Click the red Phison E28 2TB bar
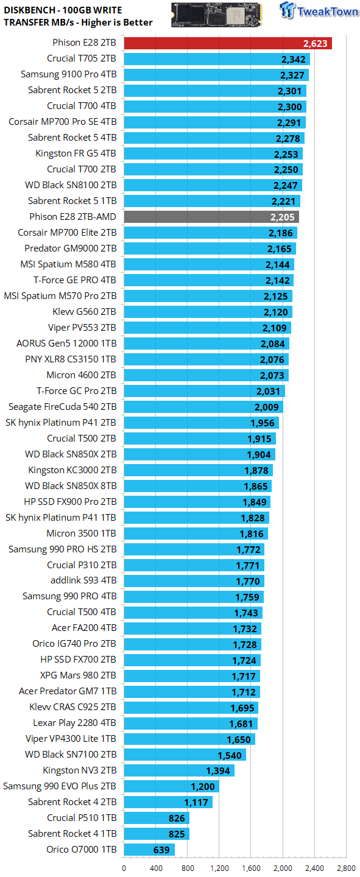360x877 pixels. (x=228, y=43)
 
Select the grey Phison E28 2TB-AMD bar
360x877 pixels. (x=211, y=217)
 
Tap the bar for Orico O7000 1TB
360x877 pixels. (x=149, y=850)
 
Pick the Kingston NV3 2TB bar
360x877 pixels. (x=180, y=770)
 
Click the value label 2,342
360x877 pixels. (x=294, y=60)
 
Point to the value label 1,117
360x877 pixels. (x=196, y=803)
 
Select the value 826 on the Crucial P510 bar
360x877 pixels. (x=177, y=819)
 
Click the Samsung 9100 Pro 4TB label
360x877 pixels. (x=69, y=74)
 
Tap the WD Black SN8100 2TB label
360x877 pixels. (x=71, y=185)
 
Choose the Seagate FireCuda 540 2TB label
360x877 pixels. (x=63, y=407)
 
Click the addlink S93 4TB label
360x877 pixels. (x=83, y=580)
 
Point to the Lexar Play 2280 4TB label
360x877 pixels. (x=75, y=723)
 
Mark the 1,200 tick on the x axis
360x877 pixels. (x=219, y=868)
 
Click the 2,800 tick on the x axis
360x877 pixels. (x=346, y=868)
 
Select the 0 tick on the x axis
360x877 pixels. (x=124, y=868)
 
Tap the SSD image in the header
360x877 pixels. (x=217, y=15)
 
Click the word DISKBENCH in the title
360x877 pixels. (x=29, y=10)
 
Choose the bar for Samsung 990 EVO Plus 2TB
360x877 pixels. (x=172, y=786)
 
